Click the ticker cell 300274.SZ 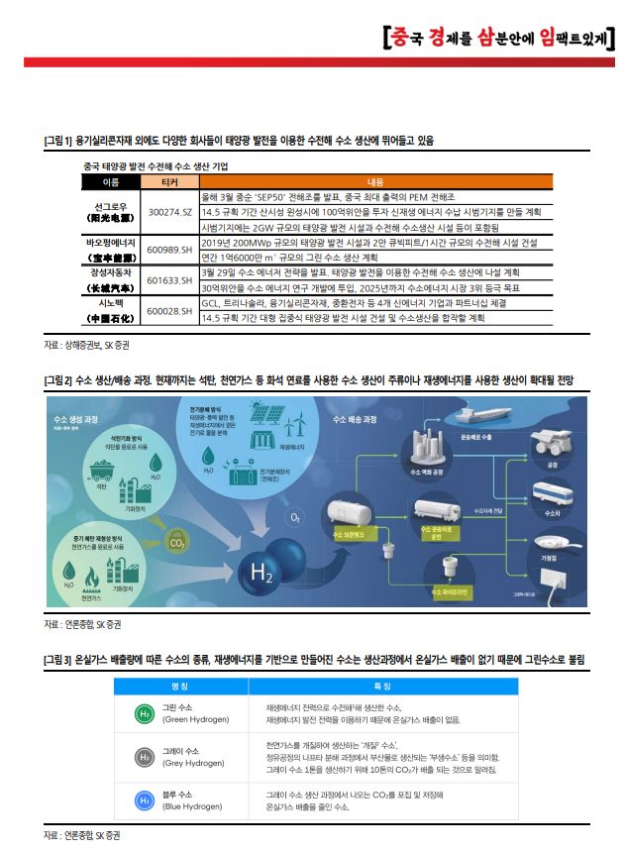point(169,212)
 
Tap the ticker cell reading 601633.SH point(169,280)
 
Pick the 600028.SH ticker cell point(169,311)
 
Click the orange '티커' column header point(169,182)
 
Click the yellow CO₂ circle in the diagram point(178,542)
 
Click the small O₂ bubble point(295,517)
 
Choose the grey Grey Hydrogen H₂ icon point(144,757)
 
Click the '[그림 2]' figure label point(58,381)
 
